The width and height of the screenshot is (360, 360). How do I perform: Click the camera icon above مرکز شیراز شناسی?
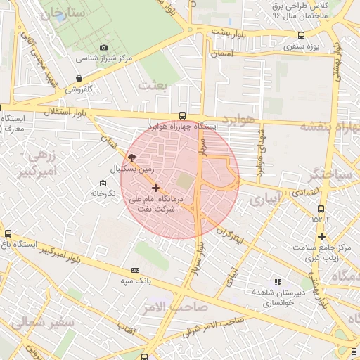coord(104,48)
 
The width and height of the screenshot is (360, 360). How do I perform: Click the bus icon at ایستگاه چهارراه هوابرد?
coord(183,116)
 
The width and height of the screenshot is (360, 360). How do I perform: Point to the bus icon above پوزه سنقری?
coord(301,35)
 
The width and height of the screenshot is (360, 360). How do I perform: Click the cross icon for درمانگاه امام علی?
coord(155,188)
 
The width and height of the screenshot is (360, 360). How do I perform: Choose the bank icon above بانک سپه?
coord(135,270)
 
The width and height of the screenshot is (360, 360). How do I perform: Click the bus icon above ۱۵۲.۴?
coord(321,209)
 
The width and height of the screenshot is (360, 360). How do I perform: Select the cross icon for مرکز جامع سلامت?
coord(321,236)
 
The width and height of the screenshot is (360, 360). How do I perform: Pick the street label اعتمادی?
coord(307,191)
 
